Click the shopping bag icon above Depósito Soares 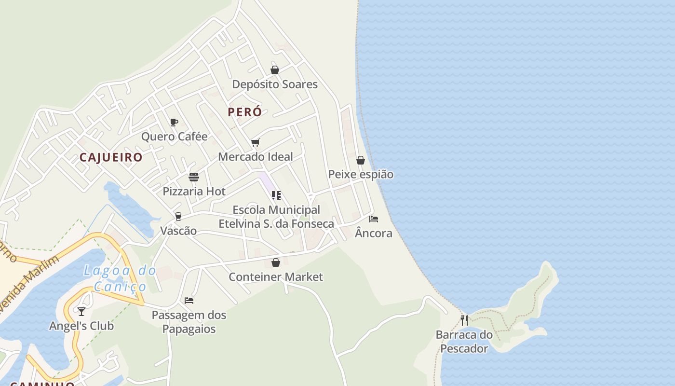(x=275, y=70)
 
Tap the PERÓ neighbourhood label (x=245, y=112)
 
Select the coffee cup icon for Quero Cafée (x=174, y=122)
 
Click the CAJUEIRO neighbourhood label (x=111, y=157)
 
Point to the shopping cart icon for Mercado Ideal (x=256, y=142)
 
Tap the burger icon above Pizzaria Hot (x=194, y=177)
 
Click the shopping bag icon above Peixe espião (x=361, y=160)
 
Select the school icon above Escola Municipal (x=276, y=195)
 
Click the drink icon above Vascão (x=178, y=217)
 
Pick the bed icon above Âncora (x=374, y=219)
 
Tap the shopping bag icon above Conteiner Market (x=276, y=262)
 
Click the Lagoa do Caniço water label (x=120, y=278)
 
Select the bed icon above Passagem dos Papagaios (x=189, y=301)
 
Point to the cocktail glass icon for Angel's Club (x=81, y=311)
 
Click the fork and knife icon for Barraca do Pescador (x=464, y=320)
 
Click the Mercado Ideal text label (x=256, y=157)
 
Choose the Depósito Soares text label (x=275, y=84)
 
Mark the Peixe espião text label (x=361, y=175)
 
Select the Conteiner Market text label (x=276, y=277)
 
